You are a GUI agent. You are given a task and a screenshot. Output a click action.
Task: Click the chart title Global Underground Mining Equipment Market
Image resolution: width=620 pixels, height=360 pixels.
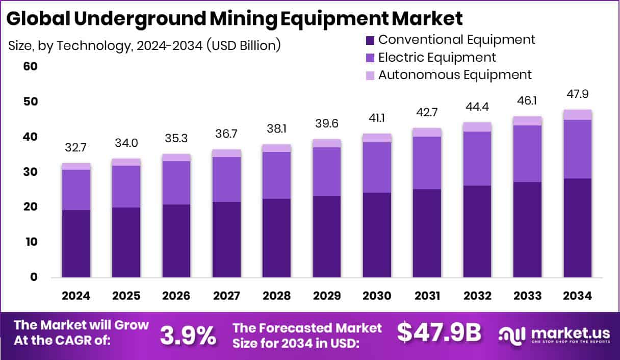(235, 19)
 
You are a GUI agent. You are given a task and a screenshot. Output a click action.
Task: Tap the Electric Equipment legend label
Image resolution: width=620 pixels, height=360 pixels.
(437, 57)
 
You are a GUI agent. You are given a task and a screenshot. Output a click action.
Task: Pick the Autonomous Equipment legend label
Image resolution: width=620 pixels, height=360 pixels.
(455, 75)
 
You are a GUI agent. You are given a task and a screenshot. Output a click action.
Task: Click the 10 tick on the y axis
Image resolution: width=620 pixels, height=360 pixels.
(31, 242)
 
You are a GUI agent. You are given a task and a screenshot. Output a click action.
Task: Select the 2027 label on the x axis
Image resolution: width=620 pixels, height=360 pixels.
(226, 296)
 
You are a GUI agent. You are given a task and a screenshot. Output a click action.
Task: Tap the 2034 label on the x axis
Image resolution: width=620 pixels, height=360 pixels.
(578, 296)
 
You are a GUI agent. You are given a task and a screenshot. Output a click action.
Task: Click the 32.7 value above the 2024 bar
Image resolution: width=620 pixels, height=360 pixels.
(76, 148)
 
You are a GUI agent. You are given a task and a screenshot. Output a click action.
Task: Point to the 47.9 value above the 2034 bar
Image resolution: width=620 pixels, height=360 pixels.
(578, 94)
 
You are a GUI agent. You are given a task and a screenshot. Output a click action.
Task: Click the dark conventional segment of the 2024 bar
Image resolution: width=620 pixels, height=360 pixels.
(76, 244)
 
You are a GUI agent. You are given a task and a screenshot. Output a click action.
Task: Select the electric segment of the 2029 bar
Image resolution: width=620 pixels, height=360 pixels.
(327, 171)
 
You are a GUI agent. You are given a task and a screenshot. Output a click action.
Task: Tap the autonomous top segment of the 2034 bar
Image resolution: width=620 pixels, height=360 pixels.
(578, 115)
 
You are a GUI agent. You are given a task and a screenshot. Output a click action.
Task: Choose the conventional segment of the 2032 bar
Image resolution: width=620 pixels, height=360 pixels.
(477, 231)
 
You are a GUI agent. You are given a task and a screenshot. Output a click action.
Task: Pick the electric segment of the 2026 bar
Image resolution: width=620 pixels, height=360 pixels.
(176, 183)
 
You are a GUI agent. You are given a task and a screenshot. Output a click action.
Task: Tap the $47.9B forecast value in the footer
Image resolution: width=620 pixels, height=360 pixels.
(439, 332)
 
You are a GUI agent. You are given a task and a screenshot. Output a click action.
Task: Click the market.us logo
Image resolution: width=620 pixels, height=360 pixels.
(554, 335)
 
